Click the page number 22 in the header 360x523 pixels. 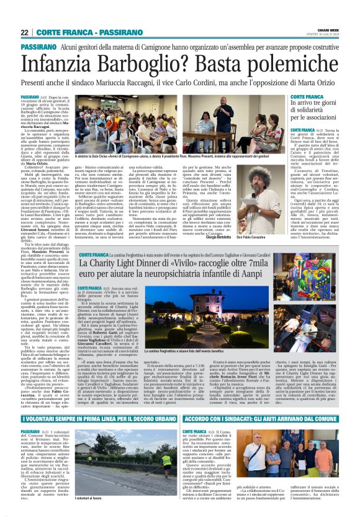tap(24, 33)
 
